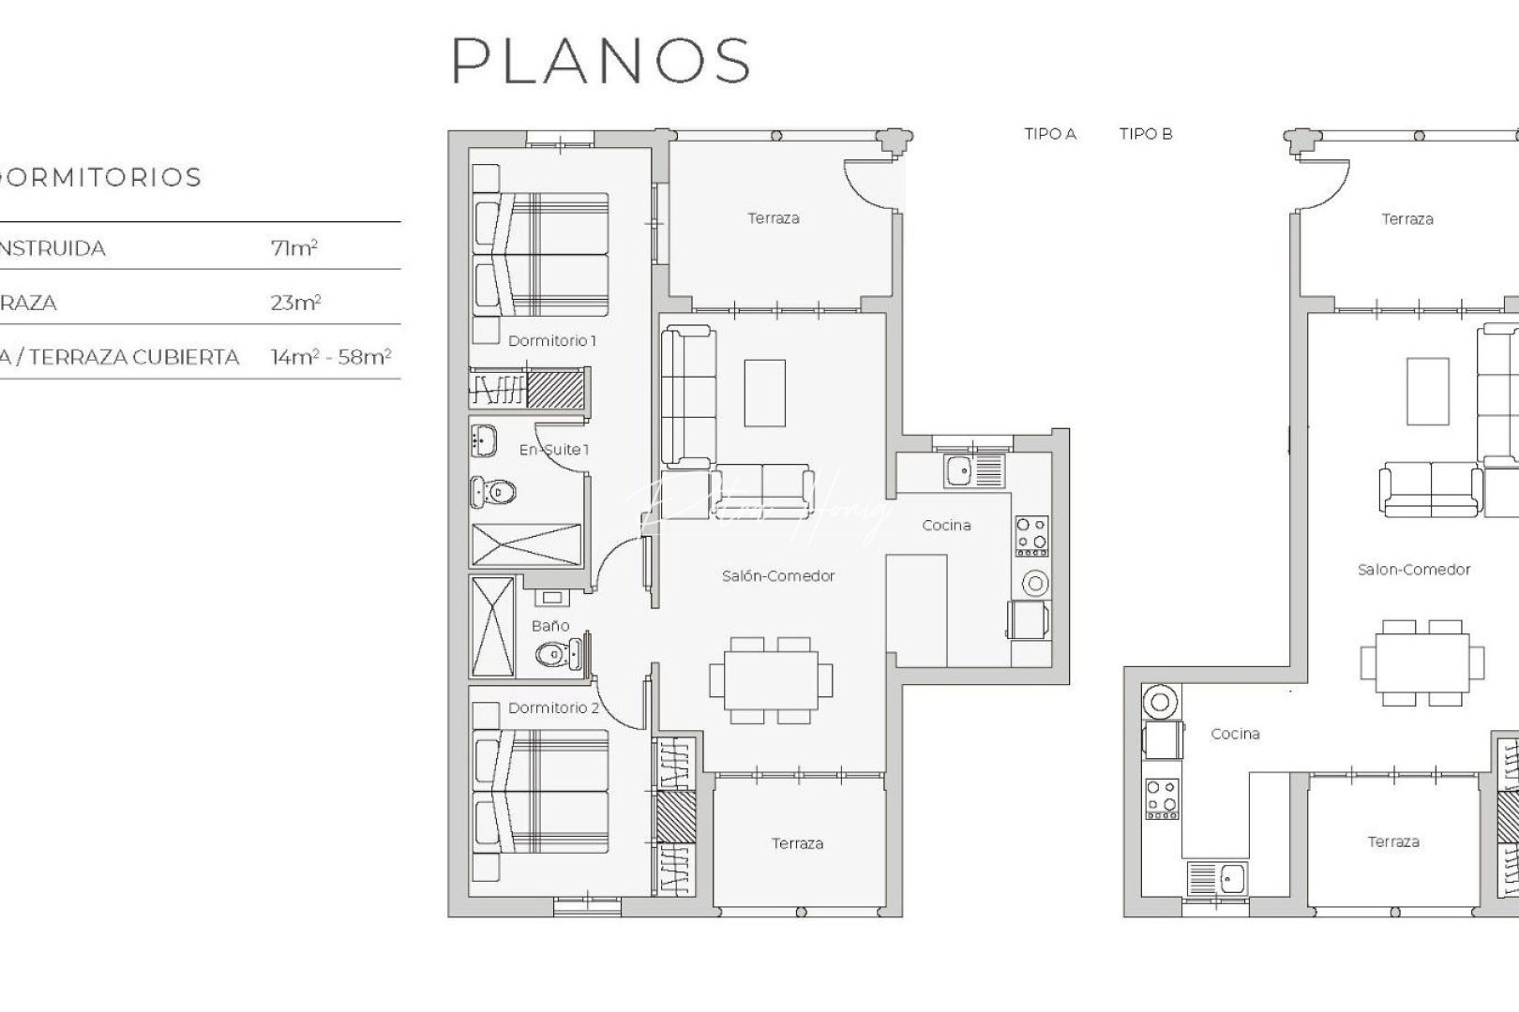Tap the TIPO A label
click(x=1050, y=134)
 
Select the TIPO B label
click(x=1146, y=134)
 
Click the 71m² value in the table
click(x=293, y=248)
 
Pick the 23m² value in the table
click(x=295, y=303)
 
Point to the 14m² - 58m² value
click(x=330, y=357)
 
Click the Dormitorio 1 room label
click(x=551, y=341)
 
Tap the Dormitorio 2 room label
click(x=553, y=708)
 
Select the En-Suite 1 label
click(x=554, y=450)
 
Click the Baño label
click(x=550, y=625)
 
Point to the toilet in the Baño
click(x=553, y=654)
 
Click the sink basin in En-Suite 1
click(x=484, y=439)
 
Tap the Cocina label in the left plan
click(x=946, y=526)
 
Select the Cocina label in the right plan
click(x=1235, y=734)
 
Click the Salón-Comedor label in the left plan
click(x=777, y=576)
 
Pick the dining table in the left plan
click(x=771, y=679)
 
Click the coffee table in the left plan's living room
click(x=765, y=393)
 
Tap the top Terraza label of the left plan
click(x=774, y=218)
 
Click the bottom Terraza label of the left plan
click(x=797, y=843)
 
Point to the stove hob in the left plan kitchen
click(x=1031, y=535)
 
